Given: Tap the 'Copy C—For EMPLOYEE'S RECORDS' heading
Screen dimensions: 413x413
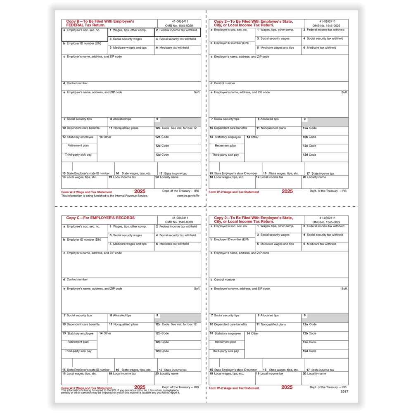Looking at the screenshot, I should pyautogui.click(x=100, y=218).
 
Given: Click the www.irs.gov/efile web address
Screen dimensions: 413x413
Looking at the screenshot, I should pyautogui.click(x=188, y=196).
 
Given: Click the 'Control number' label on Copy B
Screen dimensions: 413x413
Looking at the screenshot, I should pyautogui.click(x=77, y=83).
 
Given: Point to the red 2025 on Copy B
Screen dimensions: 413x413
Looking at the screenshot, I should pyautogui.click(x=140, y=191).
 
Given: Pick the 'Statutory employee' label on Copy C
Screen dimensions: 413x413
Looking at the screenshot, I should pyautogui.click(x=80, y=333).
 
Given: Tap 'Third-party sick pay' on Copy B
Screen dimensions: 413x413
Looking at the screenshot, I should pyautogui.click(x=78, y=154).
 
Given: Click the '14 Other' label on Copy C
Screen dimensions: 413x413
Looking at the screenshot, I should pyautogui.click(x=105, y=333).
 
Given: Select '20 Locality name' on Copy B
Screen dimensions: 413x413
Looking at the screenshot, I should pyautogui.click(x=167, y=177).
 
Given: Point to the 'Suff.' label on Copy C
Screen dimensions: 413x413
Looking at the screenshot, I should pyautogui.click(x=197, y=289).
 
